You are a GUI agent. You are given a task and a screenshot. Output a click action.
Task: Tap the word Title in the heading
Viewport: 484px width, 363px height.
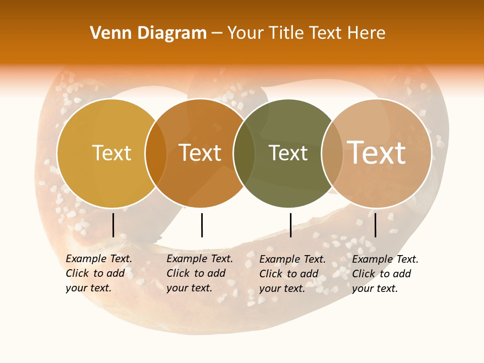click(x=286, y=33)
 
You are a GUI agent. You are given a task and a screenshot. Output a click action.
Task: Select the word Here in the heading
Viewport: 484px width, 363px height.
click(x=366, y=33)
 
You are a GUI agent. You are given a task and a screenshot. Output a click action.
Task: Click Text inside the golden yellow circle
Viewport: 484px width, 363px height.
click(x=111, y=153)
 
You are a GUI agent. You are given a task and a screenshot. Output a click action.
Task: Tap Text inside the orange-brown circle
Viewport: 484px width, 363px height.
click(x=200, y=153)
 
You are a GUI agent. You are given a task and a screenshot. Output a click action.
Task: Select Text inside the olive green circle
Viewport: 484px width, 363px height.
click(x=288, y=153)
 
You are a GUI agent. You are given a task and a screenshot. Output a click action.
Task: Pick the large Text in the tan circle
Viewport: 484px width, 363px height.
click(x=377, y=152)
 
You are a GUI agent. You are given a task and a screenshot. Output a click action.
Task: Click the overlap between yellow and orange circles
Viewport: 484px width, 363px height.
click(x=156, y=153)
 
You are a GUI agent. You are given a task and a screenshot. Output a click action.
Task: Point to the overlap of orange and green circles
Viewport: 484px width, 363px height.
click(x=244, y=153)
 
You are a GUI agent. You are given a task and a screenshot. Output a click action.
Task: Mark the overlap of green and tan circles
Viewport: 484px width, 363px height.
click(x=332, y=153)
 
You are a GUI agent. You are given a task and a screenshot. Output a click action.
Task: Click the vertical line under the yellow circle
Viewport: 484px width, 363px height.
click(x=113, y=225)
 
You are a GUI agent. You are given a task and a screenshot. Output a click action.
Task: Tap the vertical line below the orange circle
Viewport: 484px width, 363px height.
click(x=202, y=225)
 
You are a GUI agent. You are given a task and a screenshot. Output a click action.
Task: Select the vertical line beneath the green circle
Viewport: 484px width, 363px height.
click(x=290, y=225)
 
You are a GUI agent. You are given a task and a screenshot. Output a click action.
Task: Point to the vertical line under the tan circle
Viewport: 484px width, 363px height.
click(x=375, y=225)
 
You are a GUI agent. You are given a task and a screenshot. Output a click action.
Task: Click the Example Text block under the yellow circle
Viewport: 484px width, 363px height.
click(x=98, y=273)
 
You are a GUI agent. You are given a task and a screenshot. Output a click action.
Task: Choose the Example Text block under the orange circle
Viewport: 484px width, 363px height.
click(x=199, y=273)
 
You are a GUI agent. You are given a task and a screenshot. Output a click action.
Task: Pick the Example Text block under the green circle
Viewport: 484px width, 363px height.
click(x=292, y=274)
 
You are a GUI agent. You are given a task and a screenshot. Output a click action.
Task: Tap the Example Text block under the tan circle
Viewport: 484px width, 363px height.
click(x=385, y=274)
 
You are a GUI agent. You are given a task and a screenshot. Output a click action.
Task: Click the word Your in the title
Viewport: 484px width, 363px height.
click(x=245, y=33)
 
